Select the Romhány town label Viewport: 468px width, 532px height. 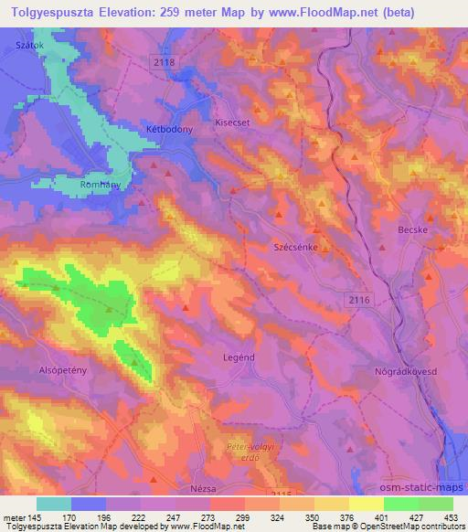tap(101, 184)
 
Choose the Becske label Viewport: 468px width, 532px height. tap(414, 232)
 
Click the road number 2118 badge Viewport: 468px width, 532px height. tap(165, 60)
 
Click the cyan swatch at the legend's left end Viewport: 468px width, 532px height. tap(55, 504)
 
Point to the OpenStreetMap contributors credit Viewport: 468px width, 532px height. tap(411, 527)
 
